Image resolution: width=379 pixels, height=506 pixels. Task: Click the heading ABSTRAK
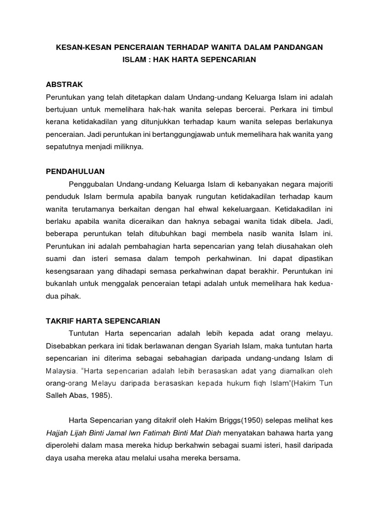pyautogui.click(x=65, y=84)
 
